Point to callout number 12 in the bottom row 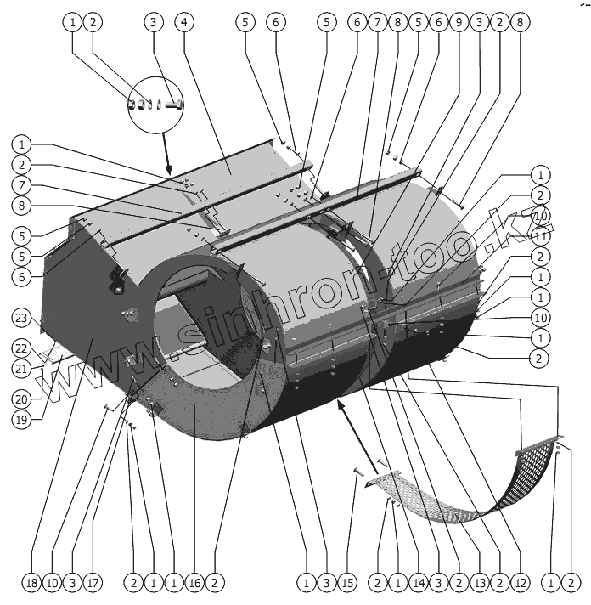point(520,583)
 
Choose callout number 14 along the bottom point(418,583)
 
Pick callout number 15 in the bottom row point(347,583)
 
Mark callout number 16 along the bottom point(194,583)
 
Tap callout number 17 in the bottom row point(93,583)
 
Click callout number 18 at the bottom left point(31,583)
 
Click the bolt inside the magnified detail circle point(175,105)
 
